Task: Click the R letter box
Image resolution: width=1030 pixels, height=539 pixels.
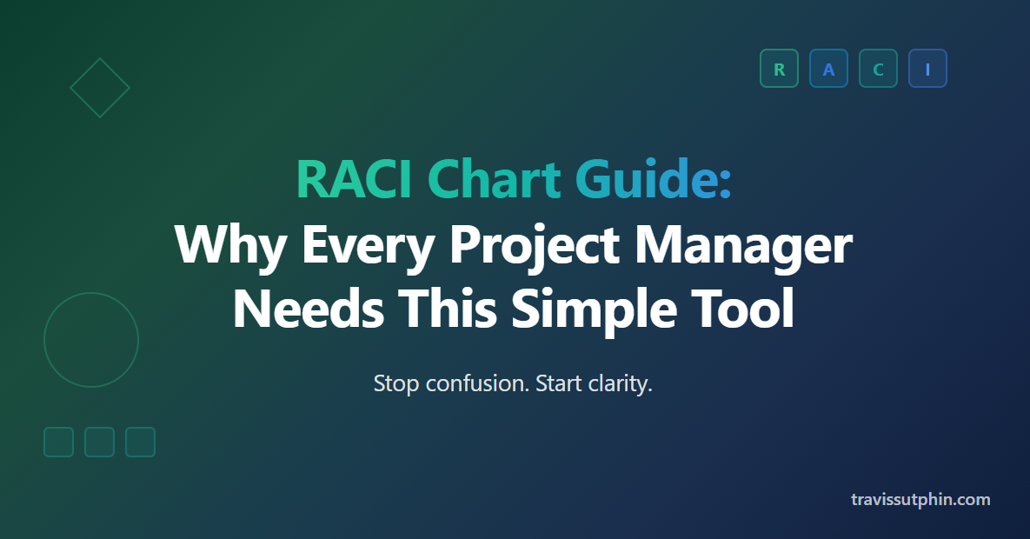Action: coord(779,69)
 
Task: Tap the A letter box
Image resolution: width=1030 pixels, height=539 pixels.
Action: coord(828,69)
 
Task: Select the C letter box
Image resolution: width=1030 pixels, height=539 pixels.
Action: coord(878,69)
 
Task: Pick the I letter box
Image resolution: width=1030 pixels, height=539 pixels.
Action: coord(927,69)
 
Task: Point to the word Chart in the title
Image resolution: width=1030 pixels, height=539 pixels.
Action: coord(494,179)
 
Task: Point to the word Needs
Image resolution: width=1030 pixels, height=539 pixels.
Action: coord(308,309)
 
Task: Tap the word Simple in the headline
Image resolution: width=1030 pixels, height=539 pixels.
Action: coord(594,310)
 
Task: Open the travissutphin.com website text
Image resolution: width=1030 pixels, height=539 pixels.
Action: coord(920,500)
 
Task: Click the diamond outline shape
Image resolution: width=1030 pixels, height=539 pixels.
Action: coord(85,73)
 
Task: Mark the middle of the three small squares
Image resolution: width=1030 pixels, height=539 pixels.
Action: coord(99,442)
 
